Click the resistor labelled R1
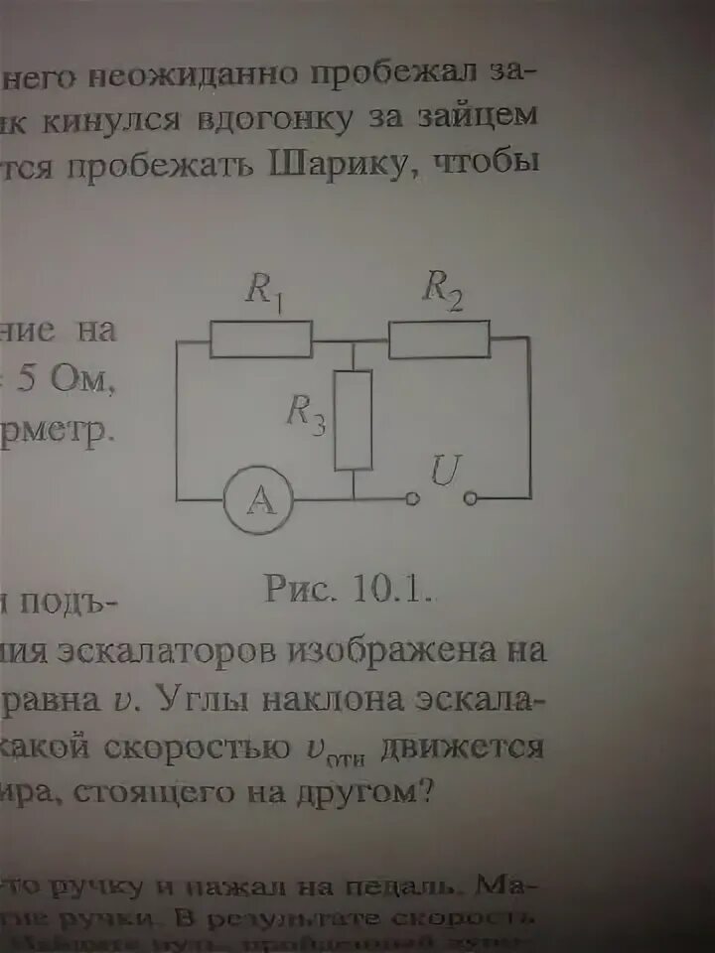pyautogui.click(x=261, y=339)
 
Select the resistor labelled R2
pyautogui.click(x=439, y=339)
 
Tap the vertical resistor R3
pyautogui.click(x=354, y=419)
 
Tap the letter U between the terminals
pyautogui.click(x=443, y=472)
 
